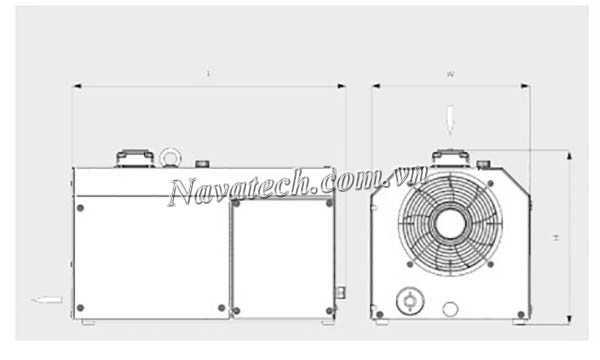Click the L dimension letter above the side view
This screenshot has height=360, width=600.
click(208, 73)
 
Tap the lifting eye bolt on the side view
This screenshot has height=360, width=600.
click(168, 157)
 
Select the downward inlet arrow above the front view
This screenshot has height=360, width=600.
click(451, 120)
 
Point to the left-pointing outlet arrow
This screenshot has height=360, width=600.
click(47, 299)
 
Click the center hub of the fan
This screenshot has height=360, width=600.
click(450, 222)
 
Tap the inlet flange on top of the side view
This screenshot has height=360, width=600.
click(134, 158)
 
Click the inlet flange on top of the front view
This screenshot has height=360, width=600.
click(450, 158)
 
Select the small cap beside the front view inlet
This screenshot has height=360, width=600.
click(484, 163)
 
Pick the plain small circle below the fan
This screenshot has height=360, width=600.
click(451, 309)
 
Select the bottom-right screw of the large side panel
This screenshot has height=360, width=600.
click(221, 308)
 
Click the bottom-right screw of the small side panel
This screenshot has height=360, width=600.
click(328, 309)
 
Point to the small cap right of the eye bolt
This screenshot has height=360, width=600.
click(202, 163)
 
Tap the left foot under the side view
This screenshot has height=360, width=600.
click(89, 322)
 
